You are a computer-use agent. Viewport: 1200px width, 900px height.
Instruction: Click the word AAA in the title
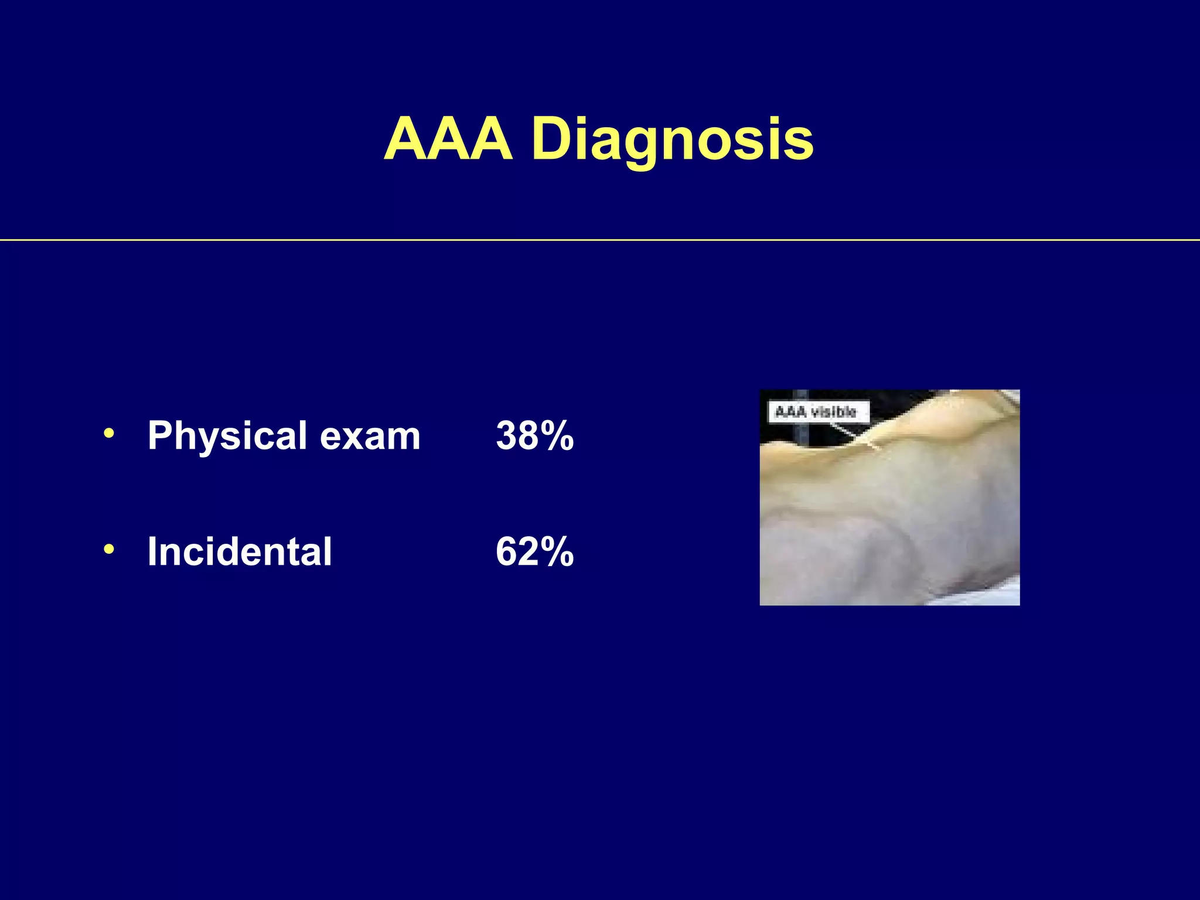click(x=448, y=139)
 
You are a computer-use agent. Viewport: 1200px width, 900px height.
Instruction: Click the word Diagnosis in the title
click(x=673, y=141)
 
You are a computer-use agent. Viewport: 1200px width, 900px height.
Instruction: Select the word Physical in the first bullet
click(x=227, y=437)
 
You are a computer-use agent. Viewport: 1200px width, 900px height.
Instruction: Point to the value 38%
click(x=534, y=437)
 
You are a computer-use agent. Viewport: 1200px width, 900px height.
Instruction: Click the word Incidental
click(x=240, y=552)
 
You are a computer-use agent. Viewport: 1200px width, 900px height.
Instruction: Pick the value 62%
click(x=534, y=552)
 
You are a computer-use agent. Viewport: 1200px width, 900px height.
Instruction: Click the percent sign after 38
click(x=557, y=437)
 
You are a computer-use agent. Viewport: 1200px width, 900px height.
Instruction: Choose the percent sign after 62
click(x=557, y=552)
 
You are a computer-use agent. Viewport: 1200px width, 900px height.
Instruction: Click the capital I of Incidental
click(x=154, y=552)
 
